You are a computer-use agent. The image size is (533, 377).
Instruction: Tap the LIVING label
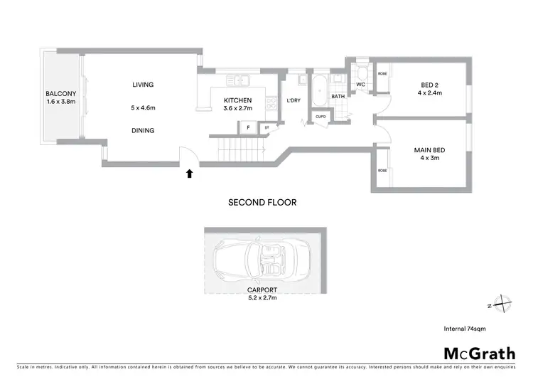143,85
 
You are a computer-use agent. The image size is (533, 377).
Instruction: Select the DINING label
143,130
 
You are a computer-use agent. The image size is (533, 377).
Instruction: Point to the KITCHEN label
238,100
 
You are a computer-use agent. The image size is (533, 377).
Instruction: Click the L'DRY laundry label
294,100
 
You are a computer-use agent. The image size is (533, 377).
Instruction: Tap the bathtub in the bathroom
321,92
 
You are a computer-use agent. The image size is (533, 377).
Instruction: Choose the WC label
360,85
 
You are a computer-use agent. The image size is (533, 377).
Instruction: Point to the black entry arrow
190,172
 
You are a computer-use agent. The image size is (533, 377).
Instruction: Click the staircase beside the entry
241,150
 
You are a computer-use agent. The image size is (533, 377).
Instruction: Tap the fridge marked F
248,128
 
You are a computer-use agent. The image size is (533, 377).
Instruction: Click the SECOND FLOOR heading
262,202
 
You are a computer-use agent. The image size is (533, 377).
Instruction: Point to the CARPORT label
262,290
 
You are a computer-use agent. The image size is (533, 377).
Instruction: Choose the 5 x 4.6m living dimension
143,107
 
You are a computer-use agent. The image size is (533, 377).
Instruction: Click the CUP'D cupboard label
321,117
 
